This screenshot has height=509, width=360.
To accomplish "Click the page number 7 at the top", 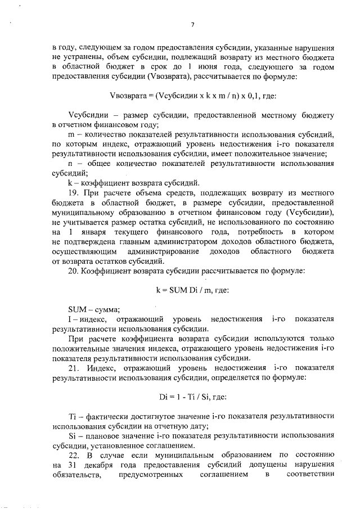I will coord(192,24).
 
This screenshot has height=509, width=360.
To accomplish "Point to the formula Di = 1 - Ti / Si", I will coord(192,398).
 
